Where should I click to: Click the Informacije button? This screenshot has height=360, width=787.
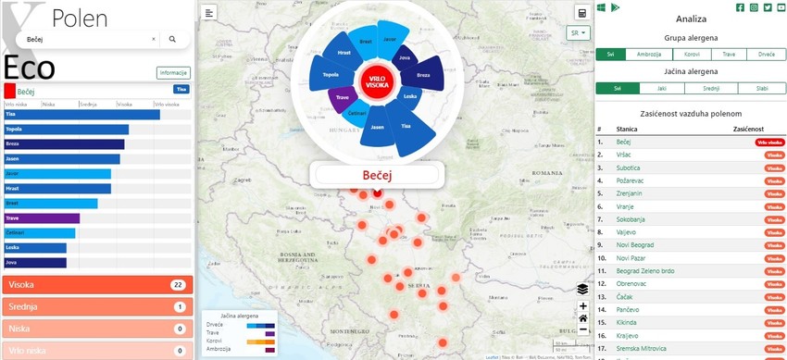(x=173, y=72)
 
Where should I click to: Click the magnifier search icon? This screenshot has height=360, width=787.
(x=172, y=40)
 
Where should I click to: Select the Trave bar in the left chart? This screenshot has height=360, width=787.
(x=42, y=218)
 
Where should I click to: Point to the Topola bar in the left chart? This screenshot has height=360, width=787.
(x=66, y=130)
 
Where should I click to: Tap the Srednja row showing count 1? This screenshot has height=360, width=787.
(x=95, y=306)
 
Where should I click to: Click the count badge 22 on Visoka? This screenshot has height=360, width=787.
(x=179, y=285)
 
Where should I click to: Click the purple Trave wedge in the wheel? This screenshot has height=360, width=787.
(x=343, y=97)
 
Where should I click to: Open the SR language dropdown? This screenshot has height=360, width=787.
(x=580, y=33)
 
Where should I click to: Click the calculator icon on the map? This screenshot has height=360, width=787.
(x=582, y=12)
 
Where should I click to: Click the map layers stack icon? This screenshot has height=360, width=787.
(x=582, y=289)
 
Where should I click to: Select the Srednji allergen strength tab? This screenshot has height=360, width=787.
(x=711, y=88)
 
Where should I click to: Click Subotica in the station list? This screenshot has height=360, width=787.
(x=630, y=168)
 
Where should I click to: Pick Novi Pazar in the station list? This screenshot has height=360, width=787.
(x=632, y=257)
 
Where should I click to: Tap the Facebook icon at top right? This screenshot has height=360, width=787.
(x=740, y=7)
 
